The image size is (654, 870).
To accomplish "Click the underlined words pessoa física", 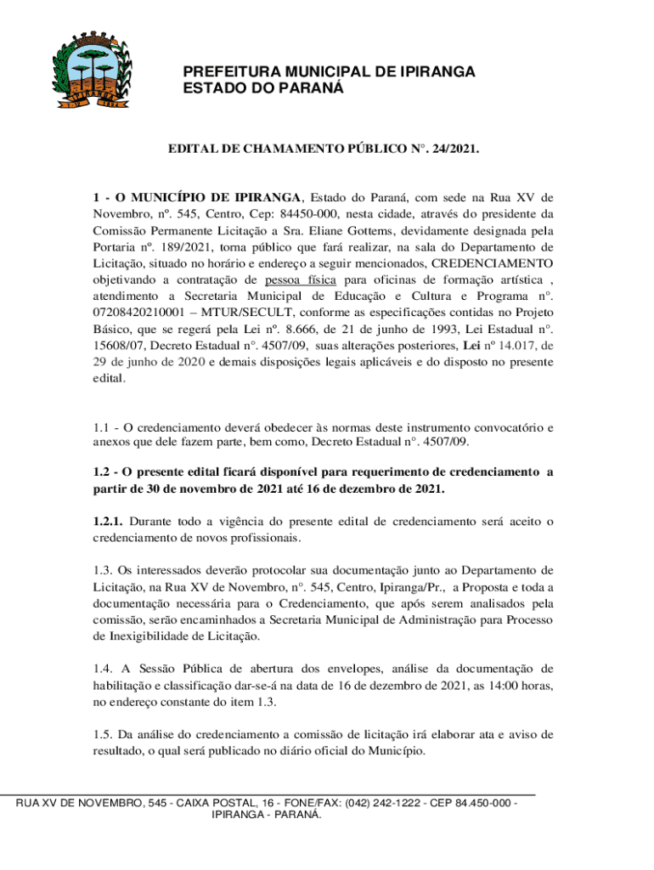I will click(x=300, y=279).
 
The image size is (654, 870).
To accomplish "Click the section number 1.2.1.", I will click(x=108, y=521).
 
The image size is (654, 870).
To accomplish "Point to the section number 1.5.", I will click(x=103, y=734).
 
